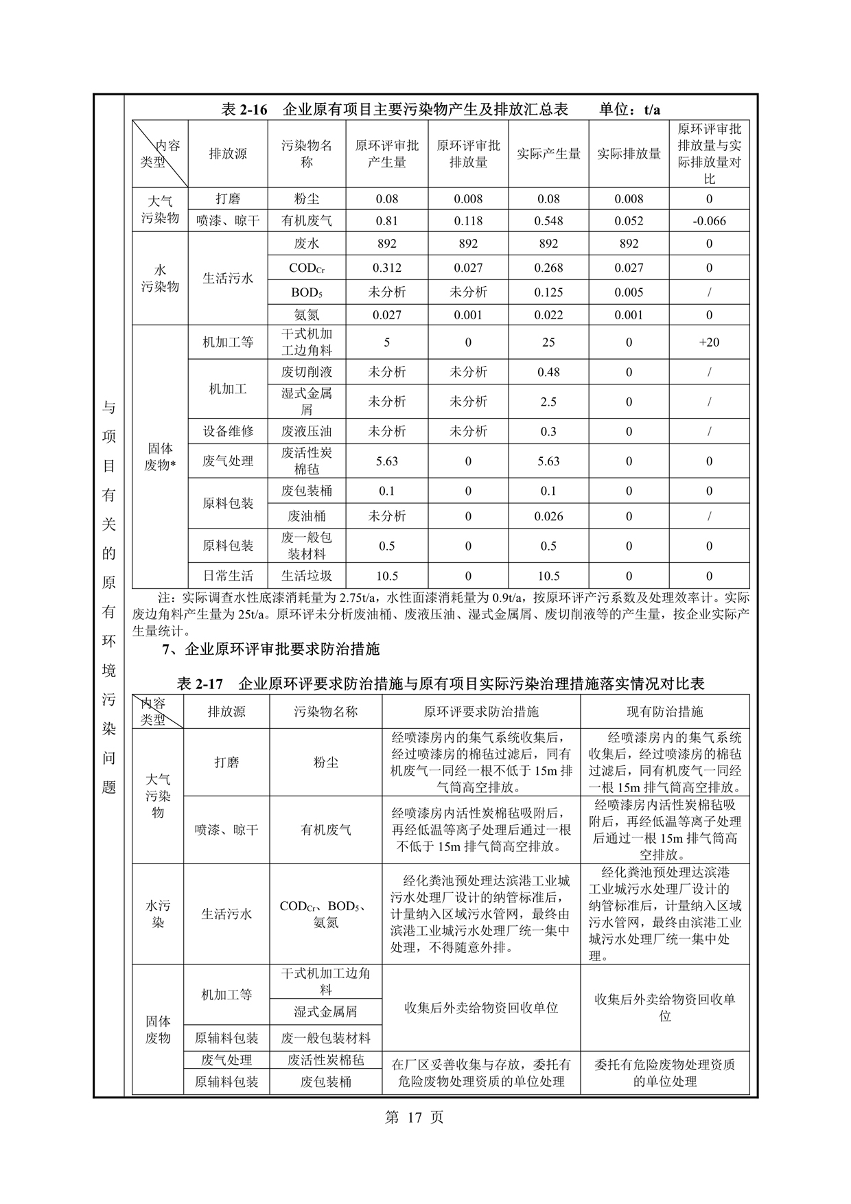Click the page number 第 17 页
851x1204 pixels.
coord(415,1117)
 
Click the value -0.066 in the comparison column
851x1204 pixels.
coord(709,221)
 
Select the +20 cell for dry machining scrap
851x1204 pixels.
coord(709,342)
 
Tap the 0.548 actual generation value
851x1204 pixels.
coord(548,221)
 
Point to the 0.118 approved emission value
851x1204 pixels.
coord(468,221)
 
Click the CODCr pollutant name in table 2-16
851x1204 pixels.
coord(306,268)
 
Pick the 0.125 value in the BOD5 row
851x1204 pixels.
coord(548,292)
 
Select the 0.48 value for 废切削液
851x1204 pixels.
coord(548,372)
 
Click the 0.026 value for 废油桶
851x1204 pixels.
coord(548,516)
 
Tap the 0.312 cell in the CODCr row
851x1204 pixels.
coord(387,268)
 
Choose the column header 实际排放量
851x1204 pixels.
coord(629,154)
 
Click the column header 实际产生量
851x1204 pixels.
coord(548,154)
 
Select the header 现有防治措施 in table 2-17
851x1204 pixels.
coord(664,712)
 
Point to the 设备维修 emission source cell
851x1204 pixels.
coord(228,432)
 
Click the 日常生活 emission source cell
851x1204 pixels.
coord(228,576)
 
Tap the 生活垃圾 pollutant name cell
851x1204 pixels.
coord(306,576)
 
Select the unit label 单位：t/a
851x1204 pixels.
coord(629,110)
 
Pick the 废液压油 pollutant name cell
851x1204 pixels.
coord(306,432)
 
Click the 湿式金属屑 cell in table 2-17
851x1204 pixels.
coord(325,1012)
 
